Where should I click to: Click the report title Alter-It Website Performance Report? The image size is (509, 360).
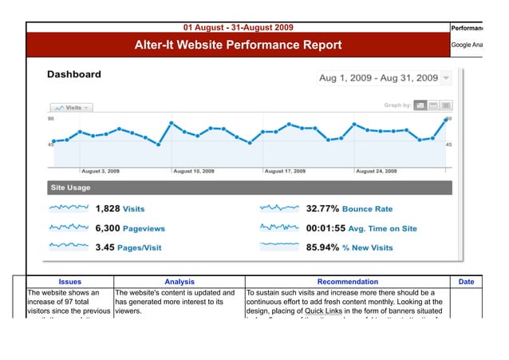238,45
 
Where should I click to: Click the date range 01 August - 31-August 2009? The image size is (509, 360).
238,27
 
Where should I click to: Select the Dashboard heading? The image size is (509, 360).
74,75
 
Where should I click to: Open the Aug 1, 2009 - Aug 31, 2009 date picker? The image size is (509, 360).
385,78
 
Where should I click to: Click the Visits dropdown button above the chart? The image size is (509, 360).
72,107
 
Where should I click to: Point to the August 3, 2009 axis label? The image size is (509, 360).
101,171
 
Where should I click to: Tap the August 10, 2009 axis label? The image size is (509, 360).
194,171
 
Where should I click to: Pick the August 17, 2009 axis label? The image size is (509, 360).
285,171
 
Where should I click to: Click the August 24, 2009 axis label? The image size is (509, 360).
376,171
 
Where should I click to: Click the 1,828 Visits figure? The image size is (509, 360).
120,209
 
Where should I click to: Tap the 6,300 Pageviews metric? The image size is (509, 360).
130,228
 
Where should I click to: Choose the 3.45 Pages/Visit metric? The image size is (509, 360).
128,247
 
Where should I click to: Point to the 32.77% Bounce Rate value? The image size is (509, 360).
349,209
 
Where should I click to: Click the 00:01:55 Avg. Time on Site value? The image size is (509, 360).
361,228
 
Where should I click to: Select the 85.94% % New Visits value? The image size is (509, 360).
349,247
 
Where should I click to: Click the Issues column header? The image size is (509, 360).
70,282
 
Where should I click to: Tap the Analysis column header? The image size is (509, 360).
179,282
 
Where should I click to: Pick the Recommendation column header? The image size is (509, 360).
348,282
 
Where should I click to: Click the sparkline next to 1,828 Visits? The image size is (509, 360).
69,208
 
